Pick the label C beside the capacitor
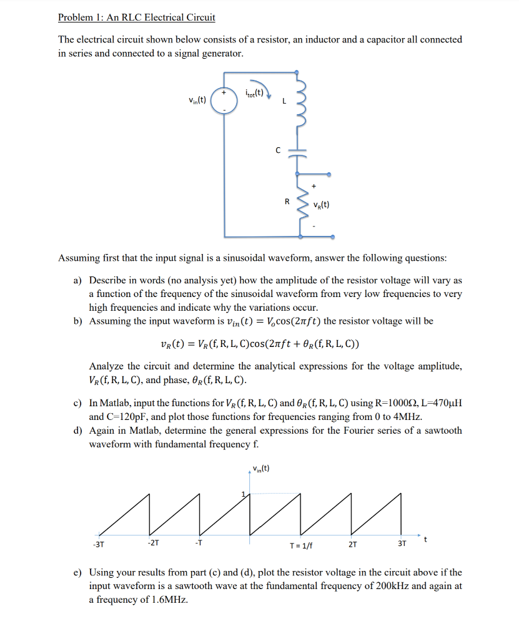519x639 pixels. pyautogui.click(x=279, y=150)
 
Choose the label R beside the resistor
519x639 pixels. pyautogui.click(x=287, y=202)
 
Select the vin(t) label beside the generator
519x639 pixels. pyautogui.click(x=197, y=100)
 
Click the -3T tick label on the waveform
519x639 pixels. pyautogui.click(x=98, y=543)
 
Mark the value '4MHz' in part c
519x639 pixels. pyautogui.click(x=406, y=417)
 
